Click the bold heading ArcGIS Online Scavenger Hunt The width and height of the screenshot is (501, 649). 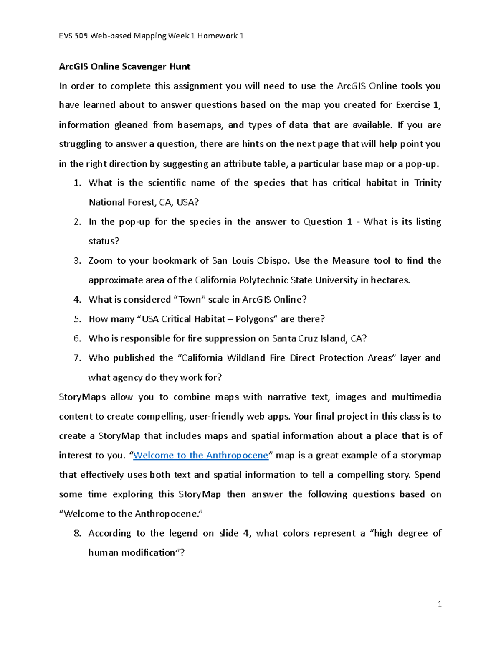(124, 66)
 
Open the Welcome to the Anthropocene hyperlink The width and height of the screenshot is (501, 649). (200, 456)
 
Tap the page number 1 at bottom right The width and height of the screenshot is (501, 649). (440, 604)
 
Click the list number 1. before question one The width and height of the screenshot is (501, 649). (77, 183)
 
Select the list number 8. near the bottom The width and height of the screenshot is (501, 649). (77, 533)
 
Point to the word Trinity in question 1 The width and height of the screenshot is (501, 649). (428, 183)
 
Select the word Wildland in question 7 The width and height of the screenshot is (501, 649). (246, 358)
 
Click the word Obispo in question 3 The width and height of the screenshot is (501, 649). (273, 261)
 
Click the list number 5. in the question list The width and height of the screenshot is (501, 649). (77, 319)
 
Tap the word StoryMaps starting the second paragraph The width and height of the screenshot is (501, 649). (82, 397)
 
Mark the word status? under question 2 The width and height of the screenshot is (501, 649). (104, 242)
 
